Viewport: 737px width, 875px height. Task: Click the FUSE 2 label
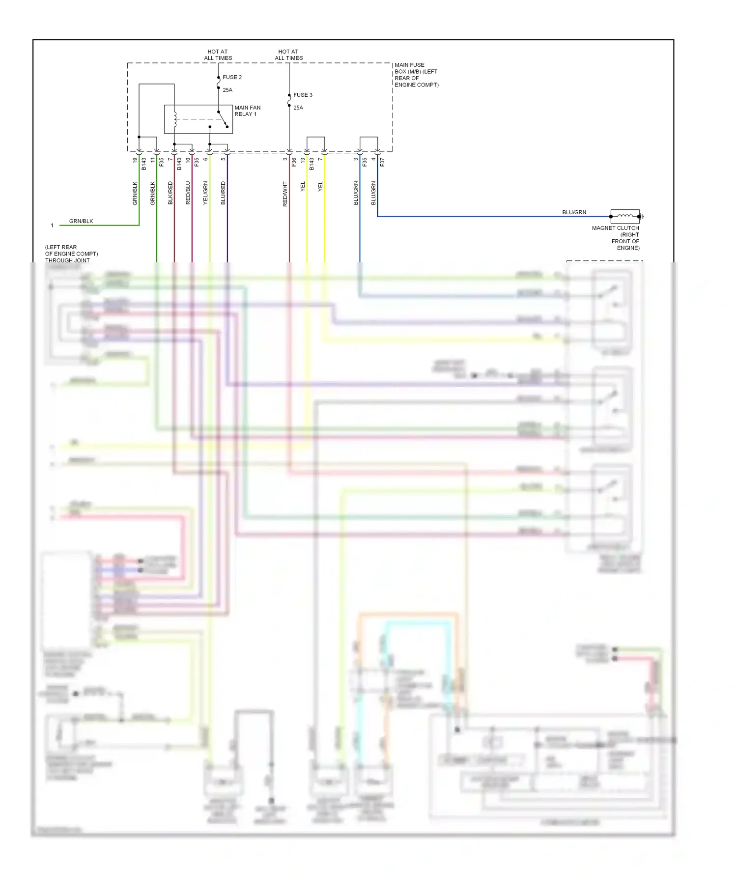[232, 77]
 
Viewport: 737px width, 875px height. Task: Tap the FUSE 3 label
[303, 95]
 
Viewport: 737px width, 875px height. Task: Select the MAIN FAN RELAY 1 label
[247, 111]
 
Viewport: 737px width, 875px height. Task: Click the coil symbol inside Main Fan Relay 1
[175, 119]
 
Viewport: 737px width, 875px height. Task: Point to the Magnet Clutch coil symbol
[625, 216]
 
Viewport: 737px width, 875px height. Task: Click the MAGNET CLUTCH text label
[615, 228]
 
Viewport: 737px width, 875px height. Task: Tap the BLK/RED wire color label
[170, 193]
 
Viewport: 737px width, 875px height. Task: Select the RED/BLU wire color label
[188, 193]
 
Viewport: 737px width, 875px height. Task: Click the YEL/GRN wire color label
[206, 193]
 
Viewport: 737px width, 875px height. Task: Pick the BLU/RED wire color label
[224, 193]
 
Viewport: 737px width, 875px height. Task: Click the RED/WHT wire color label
[285, 194]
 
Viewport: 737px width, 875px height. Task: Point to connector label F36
[294, 162]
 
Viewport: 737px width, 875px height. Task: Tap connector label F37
[382, 162]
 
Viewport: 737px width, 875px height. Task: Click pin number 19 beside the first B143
[135, 160]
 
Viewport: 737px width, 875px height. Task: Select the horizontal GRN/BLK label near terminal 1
[81, 221]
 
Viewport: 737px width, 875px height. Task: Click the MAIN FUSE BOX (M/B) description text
[416, 75]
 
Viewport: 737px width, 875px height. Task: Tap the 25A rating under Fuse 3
[298, 108]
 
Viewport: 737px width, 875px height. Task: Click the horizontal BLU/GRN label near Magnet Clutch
[574, 212]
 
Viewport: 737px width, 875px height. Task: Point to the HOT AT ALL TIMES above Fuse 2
[218, 55]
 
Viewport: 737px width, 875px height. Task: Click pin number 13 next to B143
[303, 160]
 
